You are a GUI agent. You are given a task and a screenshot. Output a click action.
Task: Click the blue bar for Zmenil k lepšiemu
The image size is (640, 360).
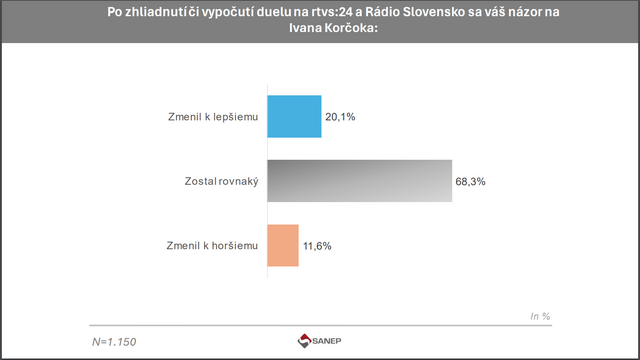coord(293,117)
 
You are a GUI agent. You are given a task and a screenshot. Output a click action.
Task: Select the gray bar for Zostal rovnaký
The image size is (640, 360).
coord(359,181)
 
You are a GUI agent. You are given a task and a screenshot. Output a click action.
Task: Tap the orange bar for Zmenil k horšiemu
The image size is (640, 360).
coord(283,245)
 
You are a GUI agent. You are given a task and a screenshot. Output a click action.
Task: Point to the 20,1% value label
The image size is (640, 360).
coord(341,118)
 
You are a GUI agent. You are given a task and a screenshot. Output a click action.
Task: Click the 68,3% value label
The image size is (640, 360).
coord(473,182)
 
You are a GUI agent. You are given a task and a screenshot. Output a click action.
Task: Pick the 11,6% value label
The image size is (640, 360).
coord(319,246)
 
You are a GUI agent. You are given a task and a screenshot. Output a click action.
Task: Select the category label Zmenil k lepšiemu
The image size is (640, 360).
coord(214,118)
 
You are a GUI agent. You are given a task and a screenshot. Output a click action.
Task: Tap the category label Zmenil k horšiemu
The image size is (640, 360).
coord(213,246)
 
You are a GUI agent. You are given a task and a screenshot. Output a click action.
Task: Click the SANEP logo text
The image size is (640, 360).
coord(329,341)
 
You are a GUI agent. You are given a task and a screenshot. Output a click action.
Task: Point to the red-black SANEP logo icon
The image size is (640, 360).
coord(305,341)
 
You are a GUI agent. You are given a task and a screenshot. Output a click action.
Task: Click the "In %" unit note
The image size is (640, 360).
coord(540,316)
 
